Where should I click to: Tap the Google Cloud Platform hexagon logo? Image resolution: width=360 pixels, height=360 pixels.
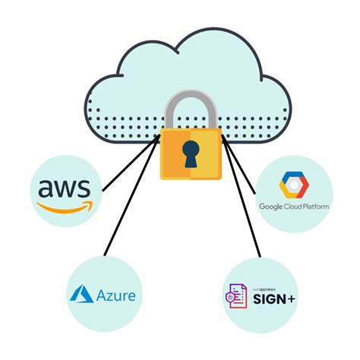coord(292,185)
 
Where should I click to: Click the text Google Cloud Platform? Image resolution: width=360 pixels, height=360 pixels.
coord(292,207)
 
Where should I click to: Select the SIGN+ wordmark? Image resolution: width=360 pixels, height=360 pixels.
coord(275,297)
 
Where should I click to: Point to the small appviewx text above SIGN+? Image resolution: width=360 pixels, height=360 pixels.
coord(270,284)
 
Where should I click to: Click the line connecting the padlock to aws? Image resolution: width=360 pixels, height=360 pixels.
coord(131,163)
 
